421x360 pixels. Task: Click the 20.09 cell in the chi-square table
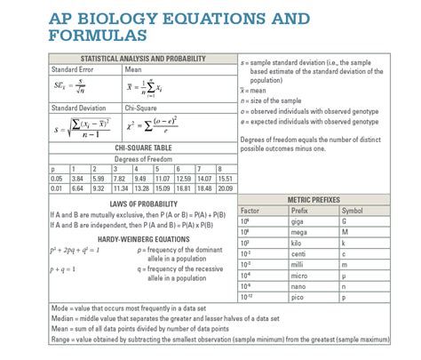(226, 188)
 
